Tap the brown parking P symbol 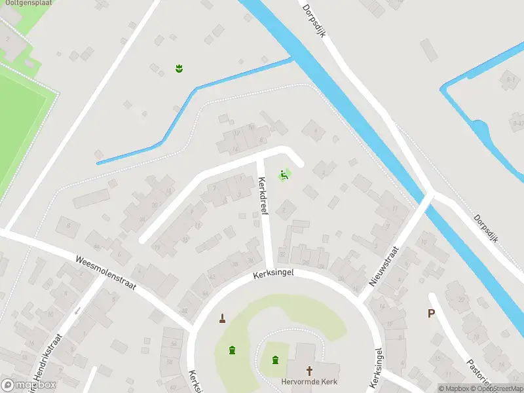431,313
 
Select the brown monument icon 223,319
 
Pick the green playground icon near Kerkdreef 284,175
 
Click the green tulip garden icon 178,67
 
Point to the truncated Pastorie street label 476,373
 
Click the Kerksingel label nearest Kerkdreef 274,275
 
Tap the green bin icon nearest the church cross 274,359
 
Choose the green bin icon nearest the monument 232,350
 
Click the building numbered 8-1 510,79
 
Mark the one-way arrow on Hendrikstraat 77,310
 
